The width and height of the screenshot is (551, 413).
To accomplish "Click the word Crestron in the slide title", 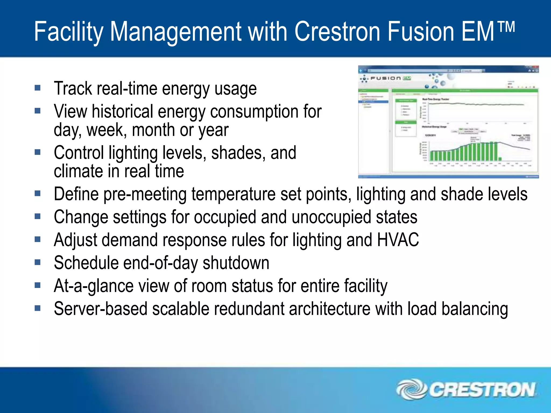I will (338, 32).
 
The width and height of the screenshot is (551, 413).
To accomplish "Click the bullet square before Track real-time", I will (38, 88).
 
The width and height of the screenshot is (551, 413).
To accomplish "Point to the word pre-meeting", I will (145, 194).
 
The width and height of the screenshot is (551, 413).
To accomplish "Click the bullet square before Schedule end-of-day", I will (38, 262).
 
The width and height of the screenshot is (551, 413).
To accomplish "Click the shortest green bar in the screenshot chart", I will (500, 159).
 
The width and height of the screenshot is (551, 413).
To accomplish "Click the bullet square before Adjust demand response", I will (38, 239).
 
